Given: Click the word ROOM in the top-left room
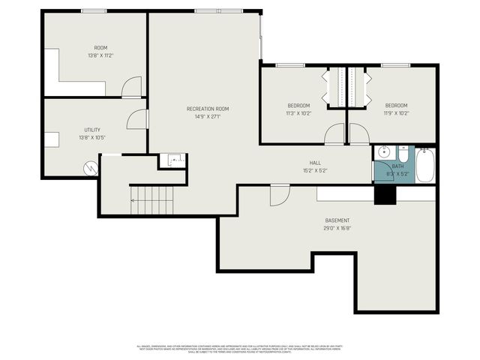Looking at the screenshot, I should [x=100, y=47].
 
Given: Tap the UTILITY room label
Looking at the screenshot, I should [x=91, y=130].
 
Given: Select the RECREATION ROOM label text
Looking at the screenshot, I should [x=207, y=109].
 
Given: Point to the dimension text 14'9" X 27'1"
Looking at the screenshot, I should [x=207, y=117].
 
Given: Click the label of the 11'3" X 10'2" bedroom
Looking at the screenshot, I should [x=299, y=106].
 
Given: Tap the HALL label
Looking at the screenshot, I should [x=315, y=163].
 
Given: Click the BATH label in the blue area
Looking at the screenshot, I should [x=397, y=166].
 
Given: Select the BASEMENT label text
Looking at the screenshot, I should [x=337, y=220].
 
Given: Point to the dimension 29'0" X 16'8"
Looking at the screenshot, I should [x=337, y=228].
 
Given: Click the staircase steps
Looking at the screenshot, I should [x=151, y=200].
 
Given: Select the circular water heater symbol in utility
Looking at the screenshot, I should [x=91, y=167].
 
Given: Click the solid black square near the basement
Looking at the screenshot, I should [x=385, y=193].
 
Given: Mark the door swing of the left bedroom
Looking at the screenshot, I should [x=334, y=134].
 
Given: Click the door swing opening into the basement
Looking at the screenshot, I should [x=279, y=194].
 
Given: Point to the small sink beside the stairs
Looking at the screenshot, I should [x=173, y=160].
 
